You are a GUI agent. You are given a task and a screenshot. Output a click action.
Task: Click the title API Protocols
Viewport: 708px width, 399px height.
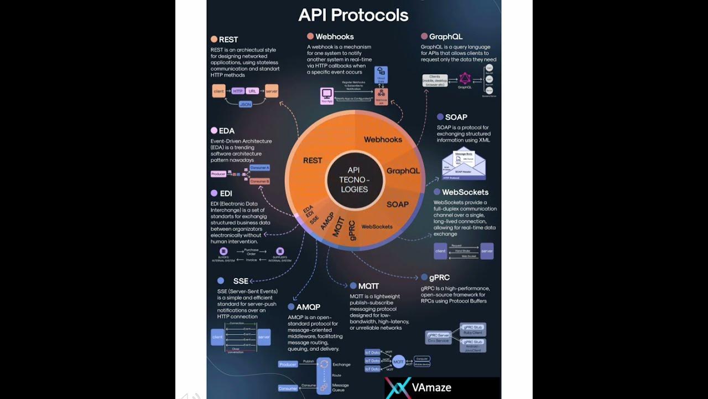[x=353, y=15]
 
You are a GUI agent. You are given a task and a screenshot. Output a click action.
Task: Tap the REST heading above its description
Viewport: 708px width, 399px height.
[x=228, y=39]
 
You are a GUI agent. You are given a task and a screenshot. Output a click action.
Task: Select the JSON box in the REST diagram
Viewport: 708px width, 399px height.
[x=245, y=104]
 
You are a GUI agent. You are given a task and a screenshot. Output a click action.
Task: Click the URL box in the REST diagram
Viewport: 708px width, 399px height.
[x=252, y=91]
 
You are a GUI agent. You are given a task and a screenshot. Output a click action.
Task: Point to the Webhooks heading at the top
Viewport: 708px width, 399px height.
[x=335, y=37]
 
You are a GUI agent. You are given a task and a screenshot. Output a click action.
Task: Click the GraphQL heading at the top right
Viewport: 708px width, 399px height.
[x=445, y=37]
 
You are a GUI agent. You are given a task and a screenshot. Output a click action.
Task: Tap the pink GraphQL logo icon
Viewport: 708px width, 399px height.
[x=465, y=79]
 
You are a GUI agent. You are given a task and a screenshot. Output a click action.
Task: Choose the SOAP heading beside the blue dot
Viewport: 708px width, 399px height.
[x=456, y=117]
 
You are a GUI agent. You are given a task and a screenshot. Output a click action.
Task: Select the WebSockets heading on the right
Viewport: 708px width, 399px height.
[x=465, y=192]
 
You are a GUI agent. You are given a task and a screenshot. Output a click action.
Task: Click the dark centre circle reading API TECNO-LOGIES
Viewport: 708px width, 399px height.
[x=354, y=180]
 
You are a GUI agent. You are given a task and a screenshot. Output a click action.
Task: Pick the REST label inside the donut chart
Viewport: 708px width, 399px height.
[x=313, y=160]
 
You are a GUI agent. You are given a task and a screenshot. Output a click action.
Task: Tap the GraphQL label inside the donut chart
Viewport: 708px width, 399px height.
[x=403, y=171]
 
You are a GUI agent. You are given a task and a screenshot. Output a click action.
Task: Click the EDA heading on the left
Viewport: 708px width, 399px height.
[x=226, y=131]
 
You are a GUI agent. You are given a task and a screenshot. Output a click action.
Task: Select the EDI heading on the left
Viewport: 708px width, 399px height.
[x=226, y=193]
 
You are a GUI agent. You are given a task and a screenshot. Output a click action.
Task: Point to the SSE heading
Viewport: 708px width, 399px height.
[x=241, y=281]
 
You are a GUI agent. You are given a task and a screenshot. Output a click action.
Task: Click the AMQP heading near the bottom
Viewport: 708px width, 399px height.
[x=308, y=306]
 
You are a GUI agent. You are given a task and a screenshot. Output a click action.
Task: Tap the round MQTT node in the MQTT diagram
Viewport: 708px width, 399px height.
[x=398, y=361]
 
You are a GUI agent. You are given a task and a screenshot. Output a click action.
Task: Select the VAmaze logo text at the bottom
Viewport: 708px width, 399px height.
[x=431, y=387]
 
